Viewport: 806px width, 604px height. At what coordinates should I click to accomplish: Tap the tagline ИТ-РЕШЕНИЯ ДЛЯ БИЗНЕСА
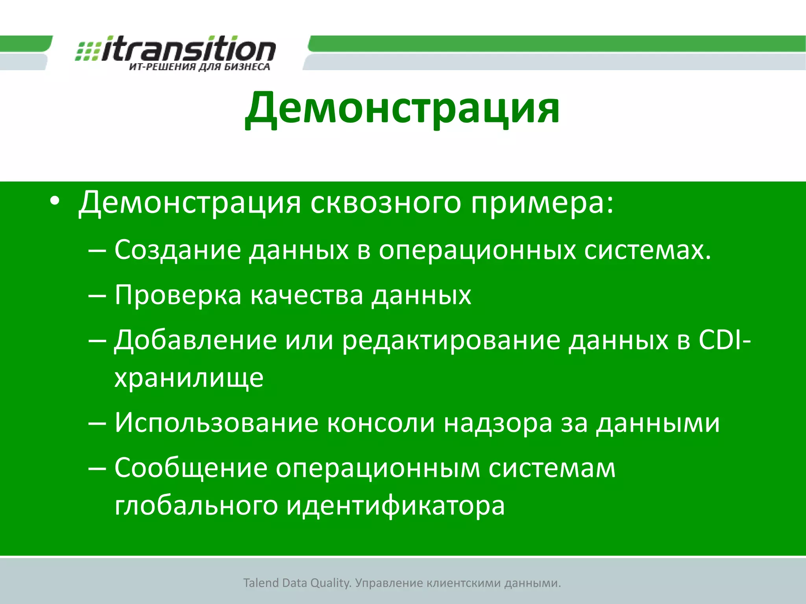pos(200,67)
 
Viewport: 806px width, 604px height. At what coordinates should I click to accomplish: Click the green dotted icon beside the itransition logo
pos(87,52)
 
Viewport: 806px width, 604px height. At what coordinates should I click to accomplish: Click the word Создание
pos(177,250)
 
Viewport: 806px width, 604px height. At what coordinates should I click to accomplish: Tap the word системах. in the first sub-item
pos(647,250)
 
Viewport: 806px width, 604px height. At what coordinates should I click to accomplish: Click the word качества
pos(307,295)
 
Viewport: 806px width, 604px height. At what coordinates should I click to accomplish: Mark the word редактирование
pos(451,340)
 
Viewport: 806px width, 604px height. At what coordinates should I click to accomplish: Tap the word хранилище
pos(189,378)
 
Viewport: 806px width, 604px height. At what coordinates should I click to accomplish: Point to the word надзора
pos(498,423)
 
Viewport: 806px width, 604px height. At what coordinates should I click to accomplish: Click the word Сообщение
pos(191,468)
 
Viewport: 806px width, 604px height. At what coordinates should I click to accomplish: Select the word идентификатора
pos(395,506)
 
